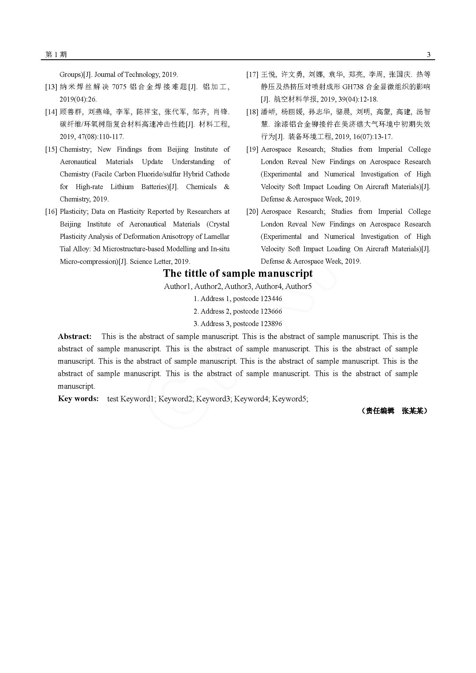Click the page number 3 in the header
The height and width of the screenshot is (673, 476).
pyautogui.click(x=429, y=54)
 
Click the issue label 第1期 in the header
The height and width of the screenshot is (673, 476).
pyautogui.click(x=56, y=54)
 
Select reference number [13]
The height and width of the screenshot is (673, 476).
pyautogui.click(x=51, y=87)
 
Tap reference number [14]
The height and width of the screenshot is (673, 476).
pyautogui.click(x=51, y=112)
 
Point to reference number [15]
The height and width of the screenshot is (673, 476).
pyautogui.click(x=51, y=150)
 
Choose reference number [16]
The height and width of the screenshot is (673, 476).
pyautogui.click(x=51, y=212)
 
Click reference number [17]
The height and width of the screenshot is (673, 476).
pyautogui.click(x=252, y=75)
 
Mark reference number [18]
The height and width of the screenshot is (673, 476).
pyautogui.click(x=252, y=112)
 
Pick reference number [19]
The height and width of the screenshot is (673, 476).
pyautogui.click(x=252, y=150)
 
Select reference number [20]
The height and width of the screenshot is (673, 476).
pyautogui.click(x=252, y=212)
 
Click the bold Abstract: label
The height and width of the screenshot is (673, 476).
pyautogui.click(x=75, y=337)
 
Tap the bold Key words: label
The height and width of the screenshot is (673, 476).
pyautogui.click(x=78, y=399)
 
